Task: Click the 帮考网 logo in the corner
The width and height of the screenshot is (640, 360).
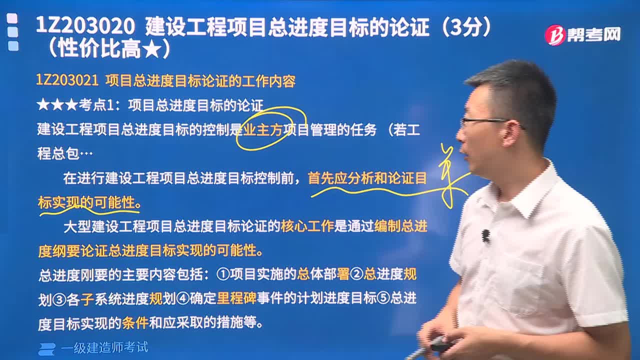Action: pos(582,35)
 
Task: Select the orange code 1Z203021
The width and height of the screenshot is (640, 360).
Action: pos(67,80)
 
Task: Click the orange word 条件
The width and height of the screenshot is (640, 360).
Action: pos(135,322)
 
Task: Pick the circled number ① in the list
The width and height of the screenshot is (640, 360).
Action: pos(223,274)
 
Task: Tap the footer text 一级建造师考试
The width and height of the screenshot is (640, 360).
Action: pos(104,347)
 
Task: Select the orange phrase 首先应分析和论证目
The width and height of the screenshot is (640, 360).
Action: pos(367,178)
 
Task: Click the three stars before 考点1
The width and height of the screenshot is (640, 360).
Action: pos(57,105)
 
